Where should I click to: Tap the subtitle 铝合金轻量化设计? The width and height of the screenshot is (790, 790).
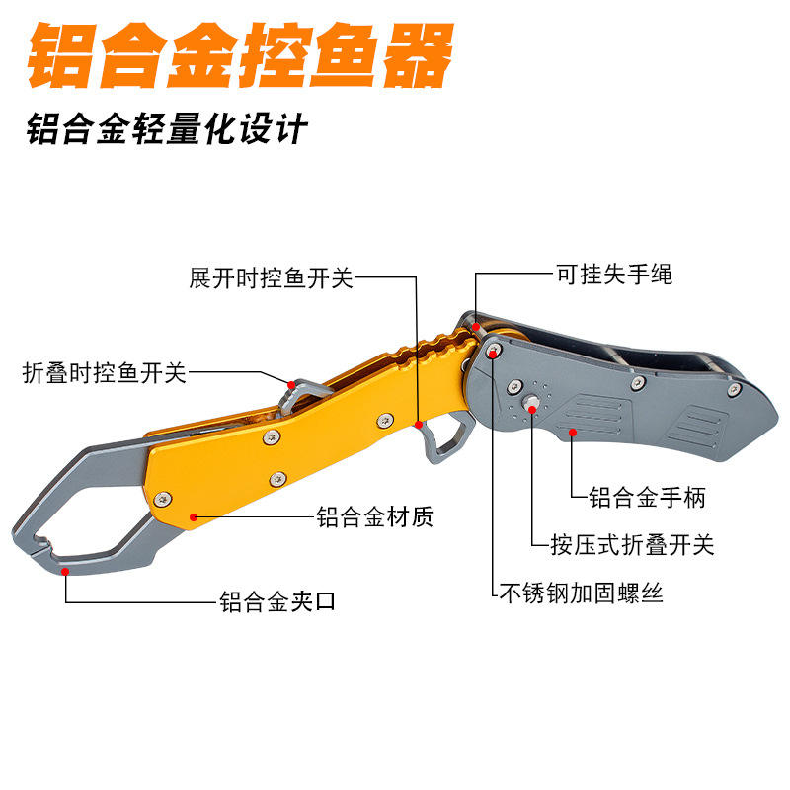tap(168, 129)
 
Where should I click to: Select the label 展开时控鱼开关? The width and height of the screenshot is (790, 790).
tap(271, 278)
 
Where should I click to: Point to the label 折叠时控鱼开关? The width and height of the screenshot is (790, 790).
tap(105, 373)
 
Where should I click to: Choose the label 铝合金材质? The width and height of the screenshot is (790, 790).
tap(374, 516)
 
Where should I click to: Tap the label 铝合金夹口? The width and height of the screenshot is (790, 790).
tap(277, 600)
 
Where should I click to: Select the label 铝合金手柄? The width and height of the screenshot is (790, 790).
tap(647, 497)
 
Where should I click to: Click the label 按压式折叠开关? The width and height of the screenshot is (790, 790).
tap(633, 544)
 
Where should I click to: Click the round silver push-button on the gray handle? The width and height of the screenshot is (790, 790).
tap(531, 402)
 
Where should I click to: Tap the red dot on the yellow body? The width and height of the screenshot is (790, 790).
tap(194, 515)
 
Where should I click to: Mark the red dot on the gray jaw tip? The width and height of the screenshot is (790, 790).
tap(65, 570)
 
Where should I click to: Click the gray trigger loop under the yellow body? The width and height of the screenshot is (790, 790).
tap(444, 440)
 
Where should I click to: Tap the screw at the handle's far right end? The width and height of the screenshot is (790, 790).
tap(733, 389)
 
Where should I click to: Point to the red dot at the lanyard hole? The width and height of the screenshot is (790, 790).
tap(476, 325)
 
